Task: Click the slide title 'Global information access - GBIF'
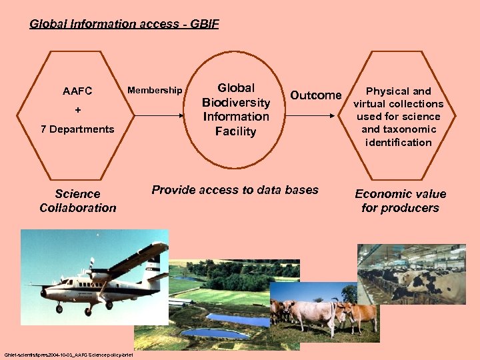pos(124,25)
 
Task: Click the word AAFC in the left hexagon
pos(77,91)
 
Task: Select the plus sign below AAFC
pos(78,109)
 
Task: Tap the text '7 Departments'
pos(77,129)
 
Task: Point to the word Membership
pos(155,90)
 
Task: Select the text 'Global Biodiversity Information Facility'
pos(235,109)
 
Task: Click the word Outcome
pos(315,95)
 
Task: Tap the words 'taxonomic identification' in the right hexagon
pos(398,136)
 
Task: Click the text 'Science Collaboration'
pos(77,201)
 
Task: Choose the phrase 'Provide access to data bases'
pos(235,190)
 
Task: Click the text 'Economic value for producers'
pos(400,201)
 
